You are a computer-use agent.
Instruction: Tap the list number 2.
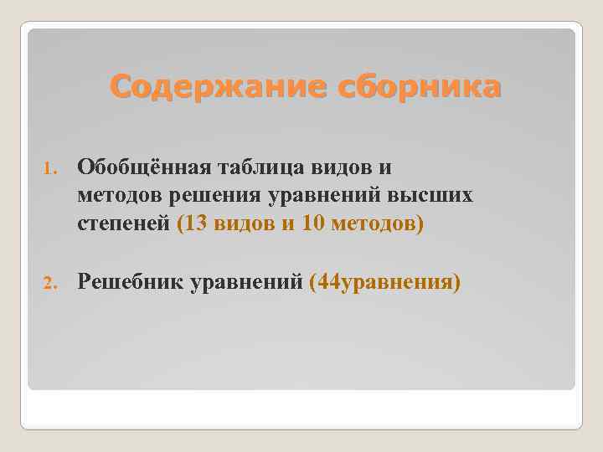[x=48, y=283]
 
